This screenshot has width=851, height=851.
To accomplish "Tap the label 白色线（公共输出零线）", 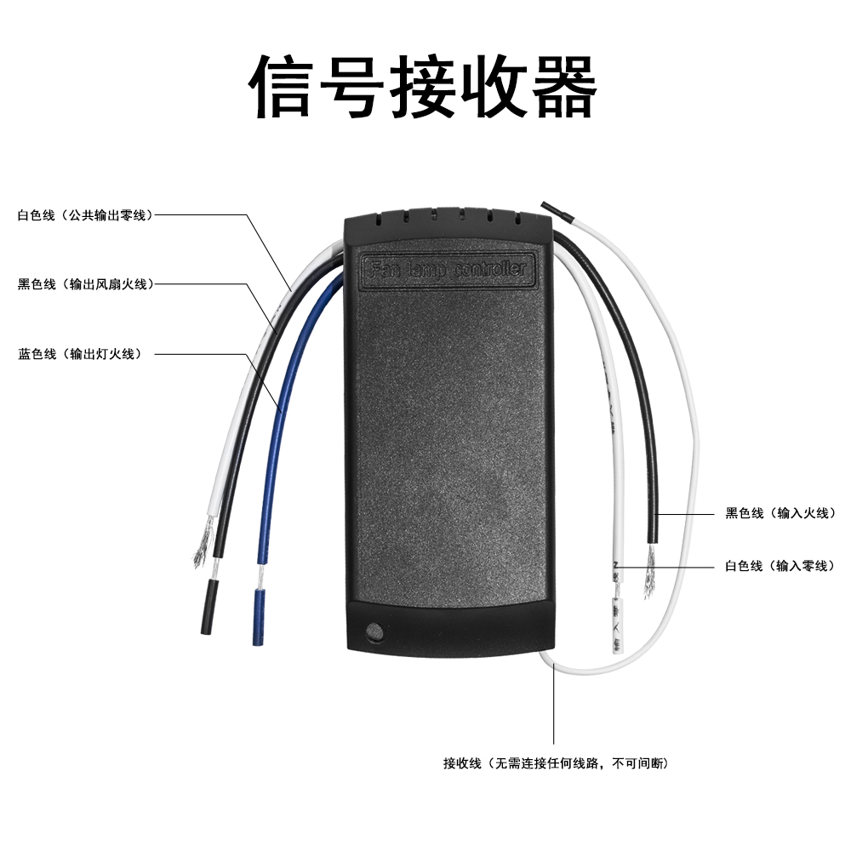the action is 84,215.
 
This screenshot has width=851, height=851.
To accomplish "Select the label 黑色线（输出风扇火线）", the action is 85,284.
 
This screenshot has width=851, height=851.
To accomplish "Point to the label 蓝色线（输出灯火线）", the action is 79,353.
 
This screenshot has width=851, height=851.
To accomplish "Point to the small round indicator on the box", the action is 372,632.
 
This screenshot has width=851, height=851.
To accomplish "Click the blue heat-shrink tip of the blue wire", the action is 258,616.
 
